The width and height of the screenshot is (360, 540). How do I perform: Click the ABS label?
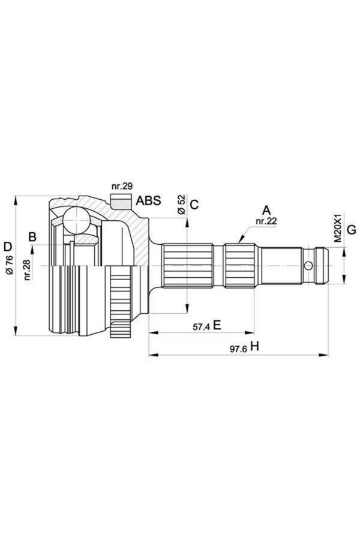coord(148,200)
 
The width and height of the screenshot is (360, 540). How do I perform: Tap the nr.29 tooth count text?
coord(122,187)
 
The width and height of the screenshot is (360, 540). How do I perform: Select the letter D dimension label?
coord(8,247)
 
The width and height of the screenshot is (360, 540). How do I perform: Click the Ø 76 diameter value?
coord(10,266)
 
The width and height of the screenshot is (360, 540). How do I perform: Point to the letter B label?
coord(32,237)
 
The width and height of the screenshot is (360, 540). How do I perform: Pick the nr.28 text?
coord(28,270)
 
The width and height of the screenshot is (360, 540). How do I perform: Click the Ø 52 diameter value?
coord(182,205)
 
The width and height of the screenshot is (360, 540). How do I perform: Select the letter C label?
coord(194,205)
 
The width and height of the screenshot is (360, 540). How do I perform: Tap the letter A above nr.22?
coord(266,210)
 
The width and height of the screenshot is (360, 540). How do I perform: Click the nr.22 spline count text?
coord(266,221)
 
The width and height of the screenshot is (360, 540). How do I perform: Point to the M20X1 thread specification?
coord(338,228)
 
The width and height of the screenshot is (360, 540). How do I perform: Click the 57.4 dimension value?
coord(201,327)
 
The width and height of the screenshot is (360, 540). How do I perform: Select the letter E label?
coord(217,325)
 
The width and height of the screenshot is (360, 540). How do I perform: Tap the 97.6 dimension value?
coord(238,349)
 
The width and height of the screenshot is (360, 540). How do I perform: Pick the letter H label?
coord(254,346)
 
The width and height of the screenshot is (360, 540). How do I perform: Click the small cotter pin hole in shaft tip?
coord(308,266)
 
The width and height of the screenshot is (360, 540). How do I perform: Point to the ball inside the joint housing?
coord(76,220)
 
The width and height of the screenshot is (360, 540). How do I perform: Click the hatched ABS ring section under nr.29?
coord(121,202)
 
